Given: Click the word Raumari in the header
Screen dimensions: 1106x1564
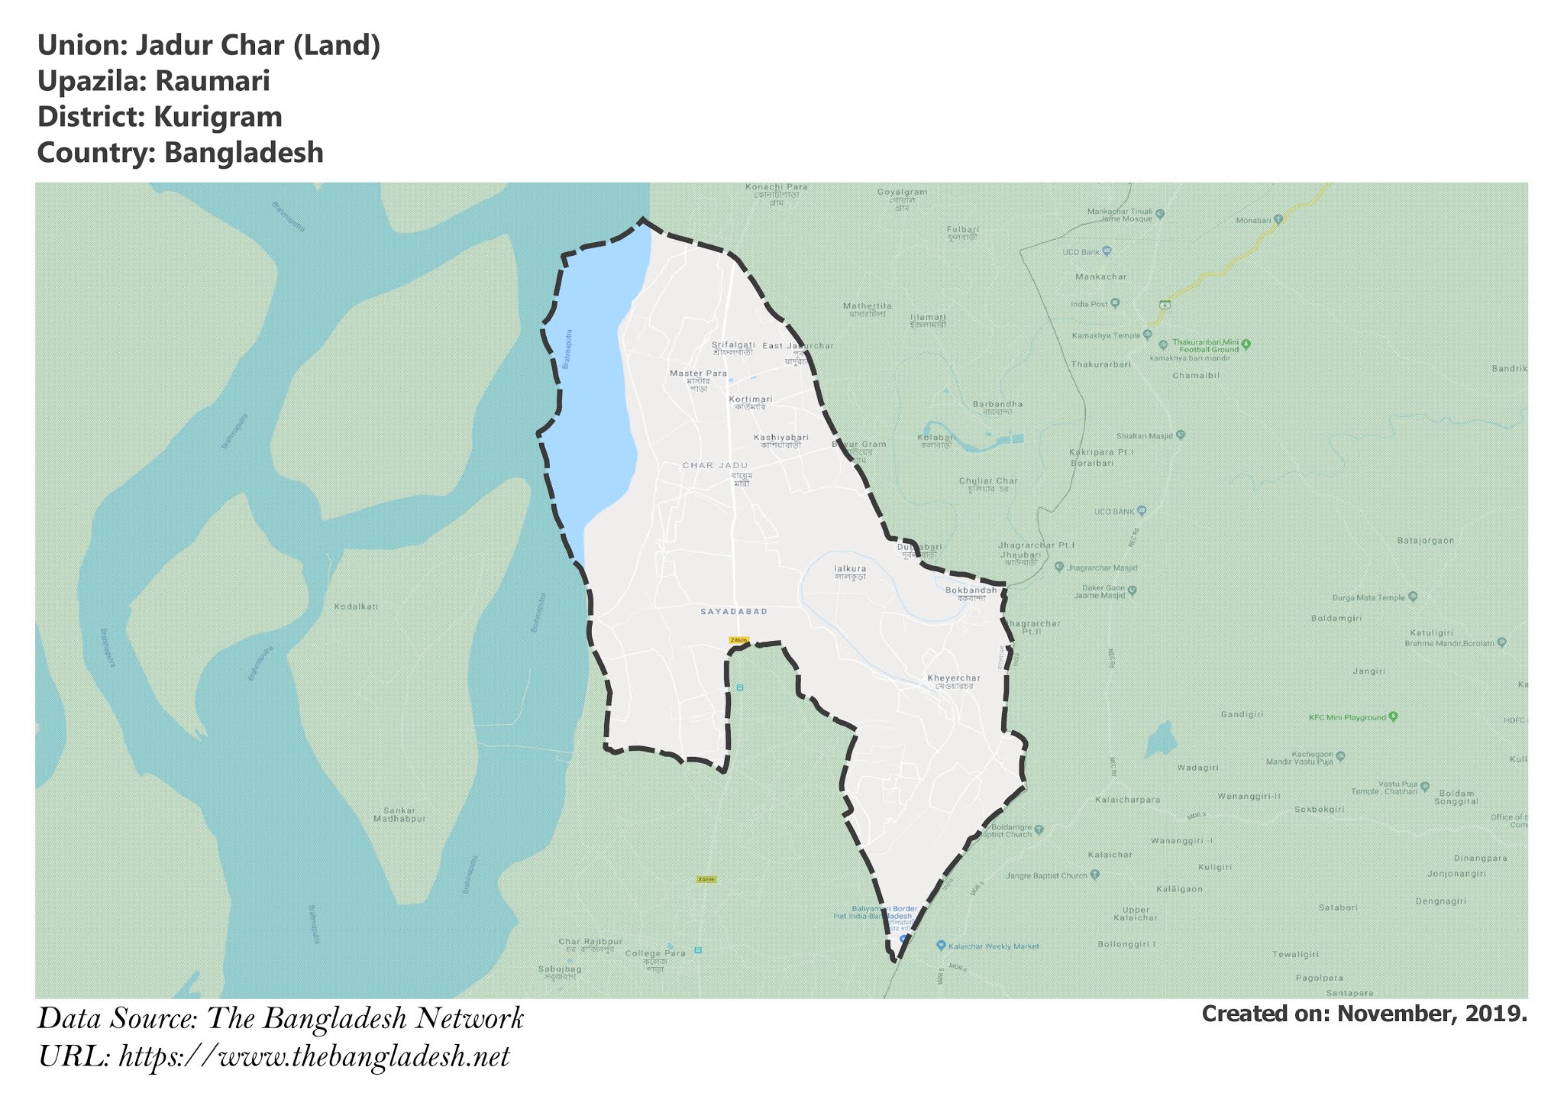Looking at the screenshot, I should pos(212,81).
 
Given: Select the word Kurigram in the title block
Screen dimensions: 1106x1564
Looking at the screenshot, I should pos(218,117).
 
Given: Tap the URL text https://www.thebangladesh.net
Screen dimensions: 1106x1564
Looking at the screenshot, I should pos(314,1057).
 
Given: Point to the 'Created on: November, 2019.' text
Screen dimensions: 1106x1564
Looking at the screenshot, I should pos(1364,1014).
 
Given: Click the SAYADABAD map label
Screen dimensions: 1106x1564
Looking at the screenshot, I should pos(734,612).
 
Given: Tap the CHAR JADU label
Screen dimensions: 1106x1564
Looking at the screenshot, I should pos(715,465).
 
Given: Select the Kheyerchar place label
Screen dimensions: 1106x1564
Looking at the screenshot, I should pos(953,678).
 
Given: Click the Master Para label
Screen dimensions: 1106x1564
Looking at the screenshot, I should pos(698,374).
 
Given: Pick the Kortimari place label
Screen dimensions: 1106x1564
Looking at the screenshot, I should pos(750,399).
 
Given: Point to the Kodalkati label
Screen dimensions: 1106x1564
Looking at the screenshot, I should pos(356,606).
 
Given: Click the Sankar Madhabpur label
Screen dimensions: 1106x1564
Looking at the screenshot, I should pos(399,814).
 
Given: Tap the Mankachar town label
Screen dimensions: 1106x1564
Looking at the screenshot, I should pos(1100,276).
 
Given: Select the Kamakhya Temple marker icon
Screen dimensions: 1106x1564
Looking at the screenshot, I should pos(1146,335).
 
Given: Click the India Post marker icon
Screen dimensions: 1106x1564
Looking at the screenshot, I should pos(1115,303).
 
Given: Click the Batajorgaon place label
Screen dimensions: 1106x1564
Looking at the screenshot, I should pos(1425,541).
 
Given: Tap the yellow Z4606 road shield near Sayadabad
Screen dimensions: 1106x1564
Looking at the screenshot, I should pos(738,640).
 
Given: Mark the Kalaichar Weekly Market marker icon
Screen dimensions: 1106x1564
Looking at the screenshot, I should pos(941,946).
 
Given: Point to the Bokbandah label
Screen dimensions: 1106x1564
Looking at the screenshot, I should pos(971,590).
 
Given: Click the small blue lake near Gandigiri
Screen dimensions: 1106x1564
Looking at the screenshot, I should pos(1159,739).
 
